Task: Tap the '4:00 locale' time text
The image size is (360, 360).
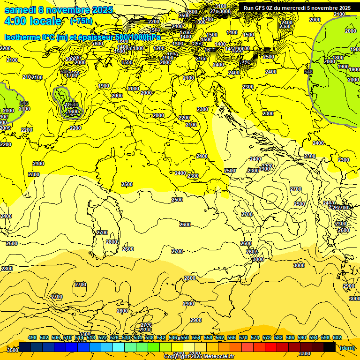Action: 32,21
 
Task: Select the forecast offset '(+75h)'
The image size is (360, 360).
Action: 81,21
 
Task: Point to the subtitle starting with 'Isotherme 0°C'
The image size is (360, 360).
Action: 82,37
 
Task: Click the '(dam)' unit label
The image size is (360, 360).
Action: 347,348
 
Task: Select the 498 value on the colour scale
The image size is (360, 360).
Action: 32,338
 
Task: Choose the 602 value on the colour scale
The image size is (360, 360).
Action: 337,338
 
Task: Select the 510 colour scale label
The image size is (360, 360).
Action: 67,338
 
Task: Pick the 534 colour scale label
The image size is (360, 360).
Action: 138,338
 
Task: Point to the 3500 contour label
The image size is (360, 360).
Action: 13,350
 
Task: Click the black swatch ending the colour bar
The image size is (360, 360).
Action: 330,347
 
